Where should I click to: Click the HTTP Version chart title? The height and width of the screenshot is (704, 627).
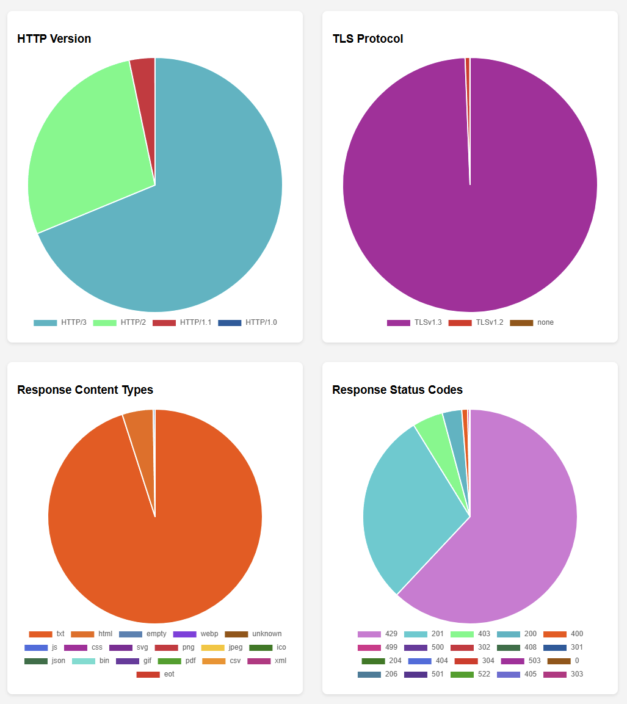click(x=54, y=38)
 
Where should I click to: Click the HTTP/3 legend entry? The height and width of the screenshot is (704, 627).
click(x=60, y=322)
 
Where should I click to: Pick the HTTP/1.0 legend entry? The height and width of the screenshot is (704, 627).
click(x=247, y=322)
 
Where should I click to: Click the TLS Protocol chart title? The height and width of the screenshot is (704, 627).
click(x=368, y=38)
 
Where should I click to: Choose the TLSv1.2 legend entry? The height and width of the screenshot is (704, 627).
click(x=476, y=322)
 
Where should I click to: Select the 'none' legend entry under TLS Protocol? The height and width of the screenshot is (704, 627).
click(x=532, y=322)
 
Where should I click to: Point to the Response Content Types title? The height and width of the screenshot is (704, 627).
click(x=85, y=390)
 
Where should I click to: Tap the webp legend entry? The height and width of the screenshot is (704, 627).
click(x=195, y=634)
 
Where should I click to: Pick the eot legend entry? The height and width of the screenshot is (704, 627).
click(x=155, y=674)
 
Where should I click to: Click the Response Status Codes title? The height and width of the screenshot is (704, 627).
click(x=397, y=390)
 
